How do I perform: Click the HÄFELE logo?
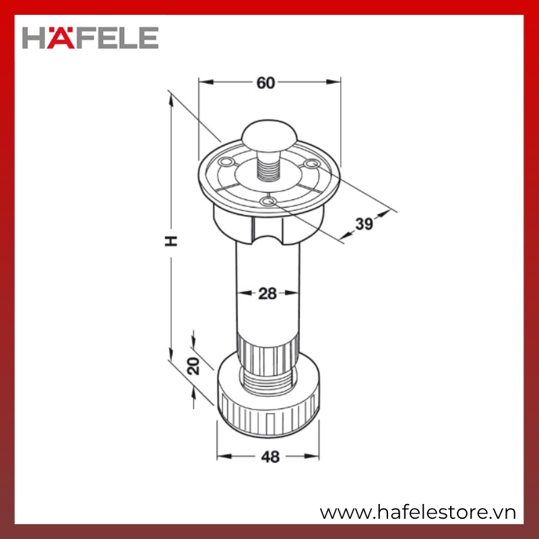click(90, 38)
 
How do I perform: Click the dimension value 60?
click(265, 83)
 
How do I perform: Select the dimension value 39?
click(364, 224)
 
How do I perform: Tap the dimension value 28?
click(267, 294)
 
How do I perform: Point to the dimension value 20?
click(193, 366)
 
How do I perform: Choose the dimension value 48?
click(271, 457)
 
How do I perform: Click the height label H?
click(171, 241)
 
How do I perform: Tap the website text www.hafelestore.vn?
click(418, 513)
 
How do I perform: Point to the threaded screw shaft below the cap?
click(268, 168)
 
